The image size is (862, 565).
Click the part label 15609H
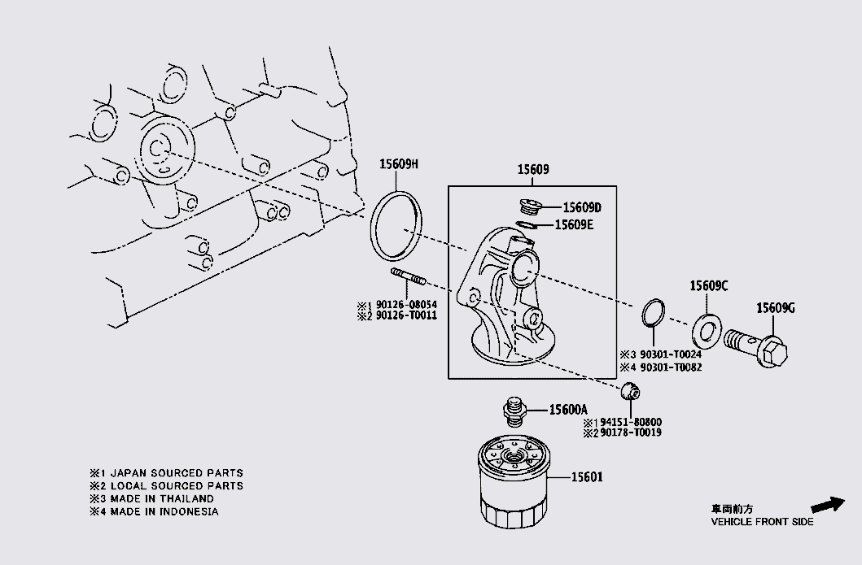coord(398,164)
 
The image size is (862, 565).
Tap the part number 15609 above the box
coord(533,171)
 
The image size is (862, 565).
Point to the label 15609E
coord(574,224)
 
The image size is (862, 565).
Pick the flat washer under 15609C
coord(705,331)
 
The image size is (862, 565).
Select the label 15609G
coord(775,307)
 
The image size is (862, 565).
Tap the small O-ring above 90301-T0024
coord(654,313)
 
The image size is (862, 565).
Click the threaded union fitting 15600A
coord(513,410)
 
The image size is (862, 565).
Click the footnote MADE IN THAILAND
coord(158,498)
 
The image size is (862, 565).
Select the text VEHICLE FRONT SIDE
coord(762,522)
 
